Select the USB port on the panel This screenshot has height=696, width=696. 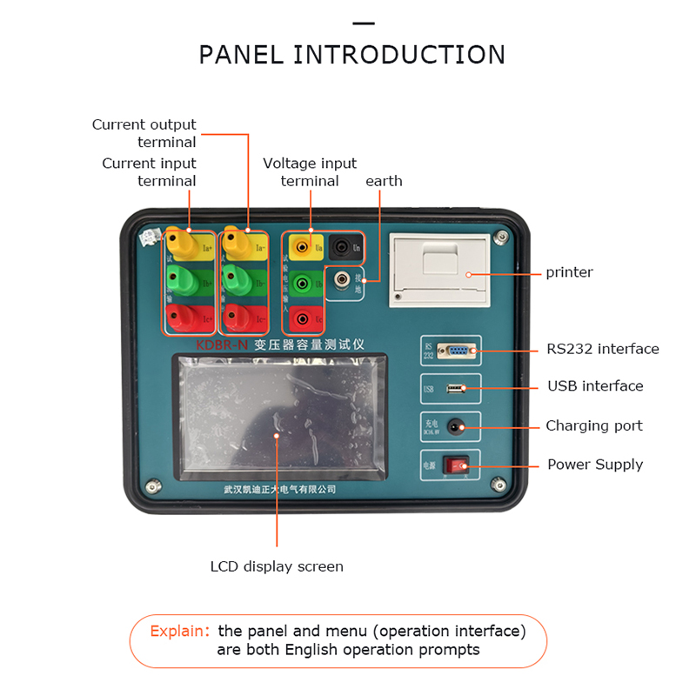pos(456,388)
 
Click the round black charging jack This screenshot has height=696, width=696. pos(455,426)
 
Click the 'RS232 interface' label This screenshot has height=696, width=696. pos(603,349)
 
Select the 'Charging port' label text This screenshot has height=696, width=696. pos(594,425)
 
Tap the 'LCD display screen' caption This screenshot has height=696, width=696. pos(277,566)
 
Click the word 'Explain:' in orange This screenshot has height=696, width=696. pos(180,631)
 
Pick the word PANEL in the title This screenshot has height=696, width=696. pos(241,55)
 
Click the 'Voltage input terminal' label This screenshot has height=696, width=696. pos(310,172)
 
